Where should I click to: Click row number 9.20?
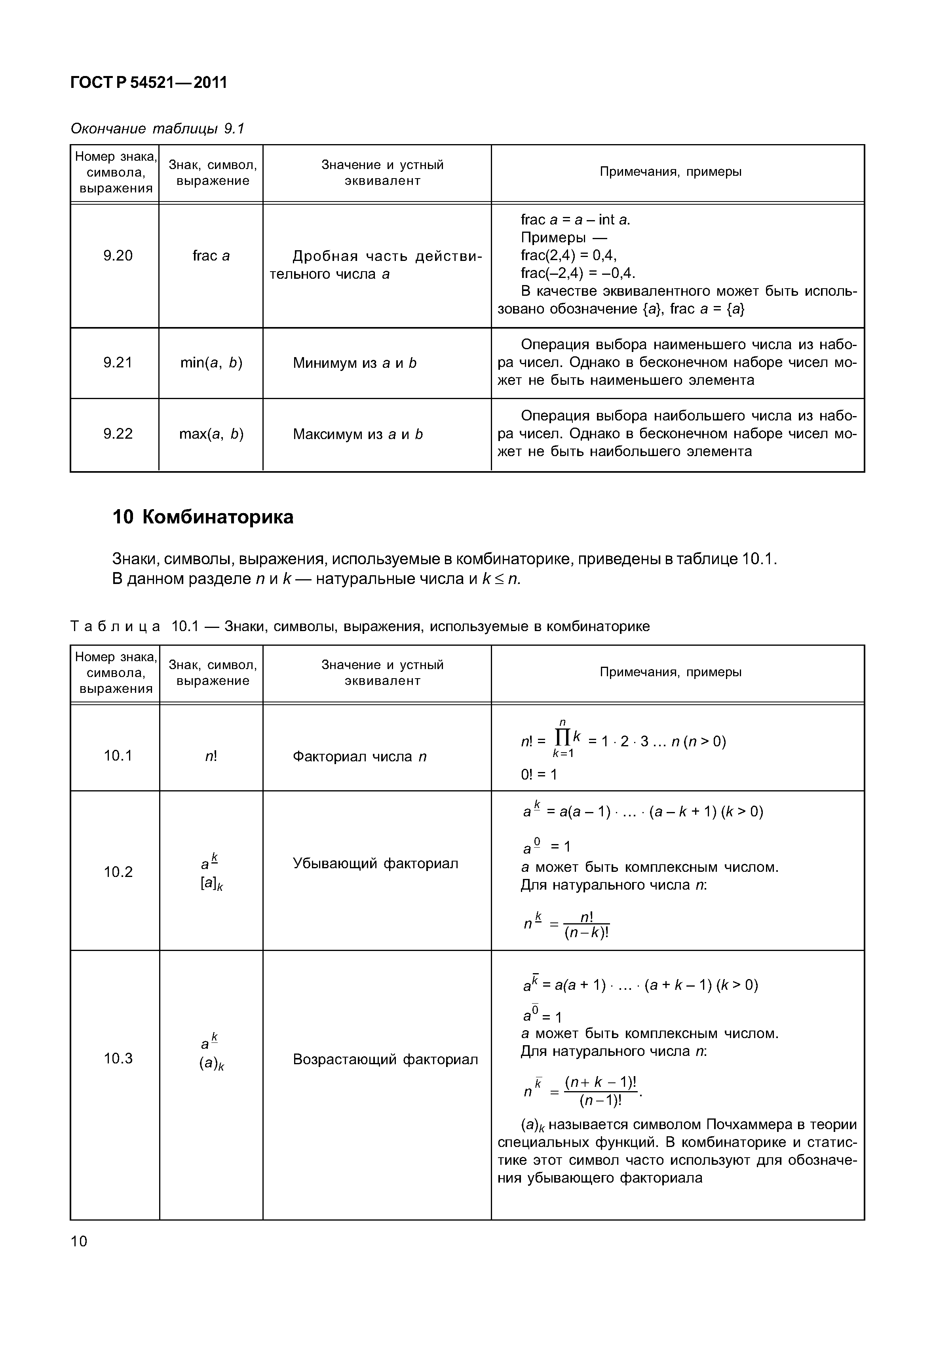(118, 255)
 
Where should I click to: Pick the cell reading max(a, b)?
(211, 434)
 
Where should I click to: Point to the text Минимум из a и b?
(354, 363)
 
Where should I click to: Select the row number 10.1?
(118, 756)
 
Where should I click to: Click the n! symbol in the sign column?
(211, 757)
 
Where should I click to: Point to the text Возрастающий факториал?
(385, 1059)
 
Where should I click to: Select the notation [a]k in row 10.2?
(211, 884)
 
